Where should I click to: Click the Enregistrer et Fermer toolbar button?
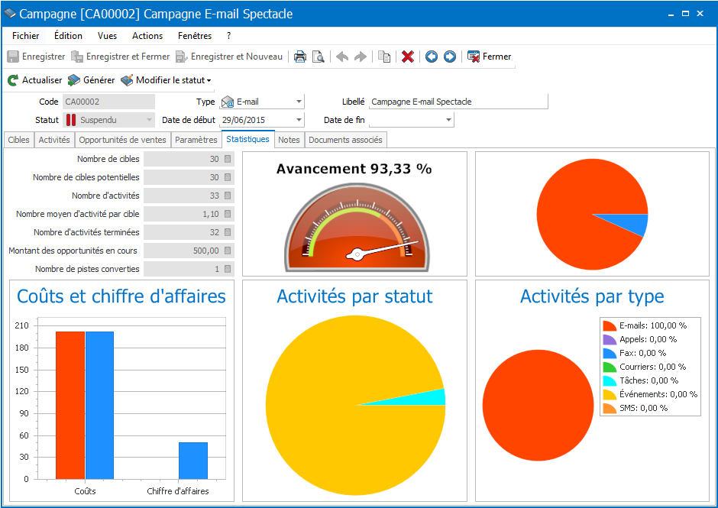[121, 57]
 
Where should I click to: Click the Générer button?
[91, 80]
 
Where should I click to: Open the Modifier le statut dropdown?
[166, 80]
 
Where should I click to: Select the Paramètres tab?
[196, 140]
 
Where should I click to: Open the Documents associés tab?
[345, 140]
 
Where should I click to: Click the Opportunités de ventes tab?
[122, 140]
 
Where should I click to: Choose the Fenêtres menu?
[195, 36]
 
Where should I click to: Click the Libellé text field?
[458, 102]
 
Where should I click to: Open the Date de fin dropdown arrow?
[449, 120]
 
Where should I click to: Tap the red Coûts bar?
[70, 405]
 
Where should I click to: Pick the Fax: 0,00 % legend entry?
[642, 353]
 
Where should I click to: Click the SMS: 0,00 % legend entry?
[642, 408]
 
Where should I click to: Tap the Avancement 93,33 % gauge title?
[354, 169]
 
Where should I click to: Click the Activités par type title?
[592, 296]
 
